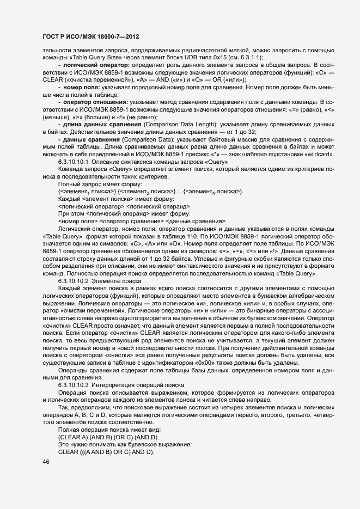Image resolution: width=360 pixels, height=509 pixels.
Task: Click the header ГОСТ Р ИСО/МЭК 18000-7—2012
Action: tap(90, 36)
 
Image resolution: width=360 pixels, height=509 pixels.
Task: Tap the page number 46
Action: tap(46, 462)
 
